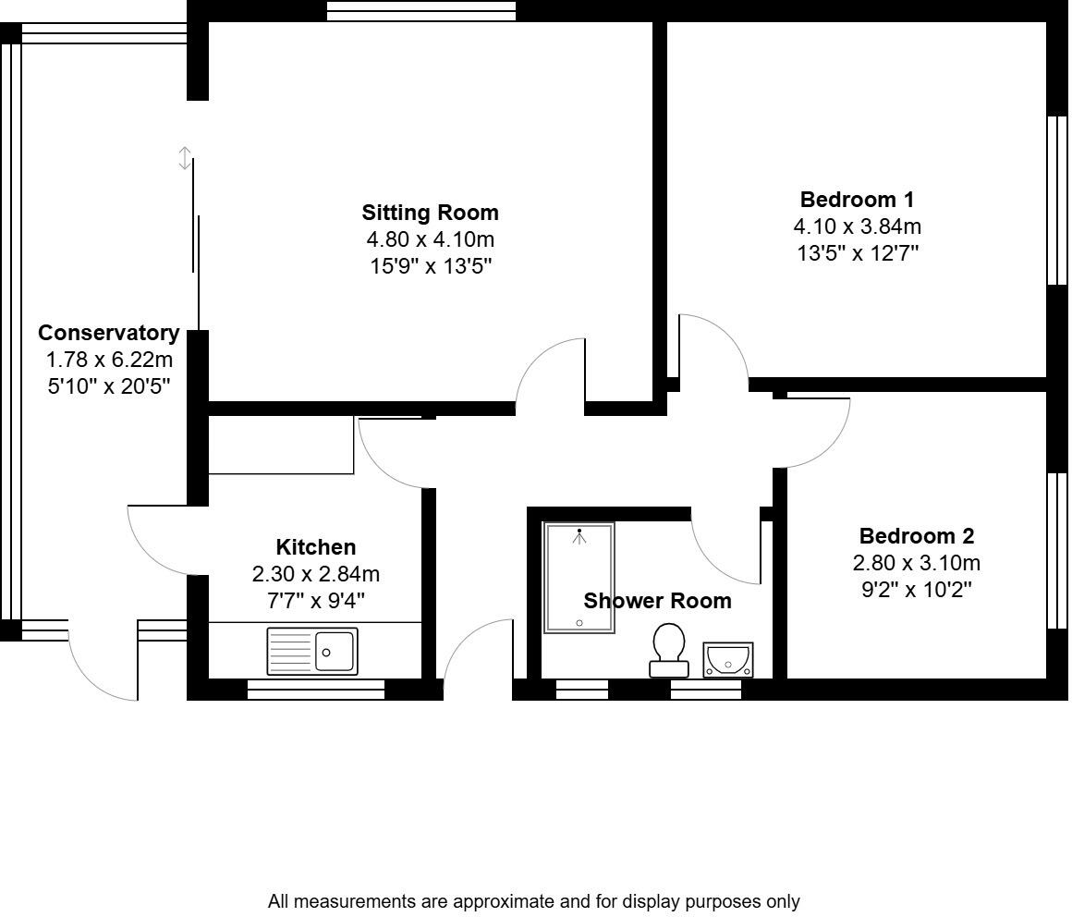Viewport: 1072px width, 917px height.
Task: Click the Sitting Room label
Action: point(430,213)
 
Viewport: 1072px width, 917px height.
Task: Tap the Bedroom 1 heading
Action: point(857,200)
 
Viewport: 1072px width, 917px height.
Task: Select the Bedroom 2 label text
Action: point(916,536)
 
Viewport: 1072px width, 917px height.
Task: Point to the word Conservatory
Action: point(108,333)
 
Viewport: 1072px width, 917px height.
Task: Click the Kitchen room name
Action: point(315,547)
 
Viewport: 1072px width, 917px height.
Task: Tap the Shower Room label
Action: point(657,601)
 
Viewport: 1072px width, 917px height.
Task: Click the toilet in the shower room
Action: point(668,649)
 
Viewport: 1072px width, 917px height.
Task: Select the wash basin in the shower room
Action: point(728,659)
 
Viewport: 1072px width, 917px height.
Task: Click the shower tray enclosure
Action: point(579,578)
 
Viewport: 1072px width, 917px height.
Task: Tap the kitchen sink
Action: point(311,651)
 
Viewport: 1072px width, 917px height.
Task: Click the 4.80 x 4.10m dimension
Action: point(430,239)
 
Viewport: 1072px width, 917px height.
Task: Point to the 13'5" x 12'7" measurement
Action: point(857,252)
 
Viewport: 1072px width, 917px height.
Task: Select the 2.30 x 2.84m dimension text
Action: point(315,574)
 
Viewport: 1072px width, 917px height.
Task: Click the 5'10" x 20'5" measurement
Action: point(108,385)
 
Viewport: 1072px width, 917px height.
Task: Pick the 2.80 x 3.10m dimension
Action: point(916,563)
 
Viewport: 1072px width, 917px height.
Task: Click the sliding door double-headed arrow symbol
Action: point(185,158)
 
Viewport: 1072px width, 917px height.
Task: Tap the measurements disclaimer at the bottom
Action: point(533,900)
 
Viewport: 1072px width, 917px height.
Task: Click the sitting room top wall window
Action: point(421,10)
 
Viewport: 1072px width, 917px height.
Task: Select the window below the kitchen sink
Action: point(316,689)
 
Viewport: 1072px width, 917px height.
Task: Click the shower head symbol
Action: point(579,535)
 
